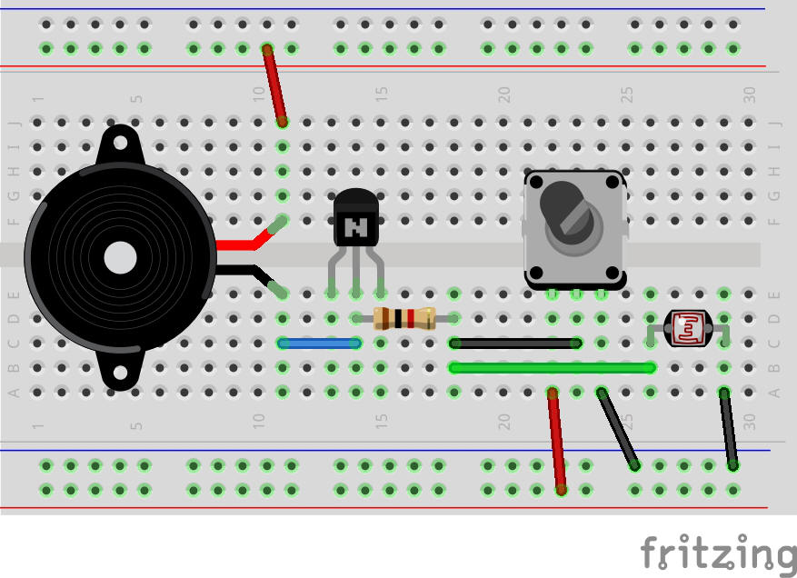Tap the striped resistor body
click(x=404, y=318)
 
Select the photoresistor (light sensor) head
click(x=687, y=327)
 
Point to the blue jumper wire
click(x=320, y=344)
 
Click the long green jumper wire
click(x=552, y=368)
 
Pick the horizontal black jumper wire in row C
click(x=515, y=344)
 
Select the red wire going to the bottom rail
click(x=557, y=441)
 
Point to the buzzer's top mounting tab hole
click(x=120, y=142)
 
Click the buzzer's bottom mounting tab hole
click(x=120, y=374)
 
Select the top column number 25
click(x=626, y=94)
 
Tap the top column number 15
click(x=382, y=94)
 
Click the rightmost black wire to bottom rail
click(x=728, y=429)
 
